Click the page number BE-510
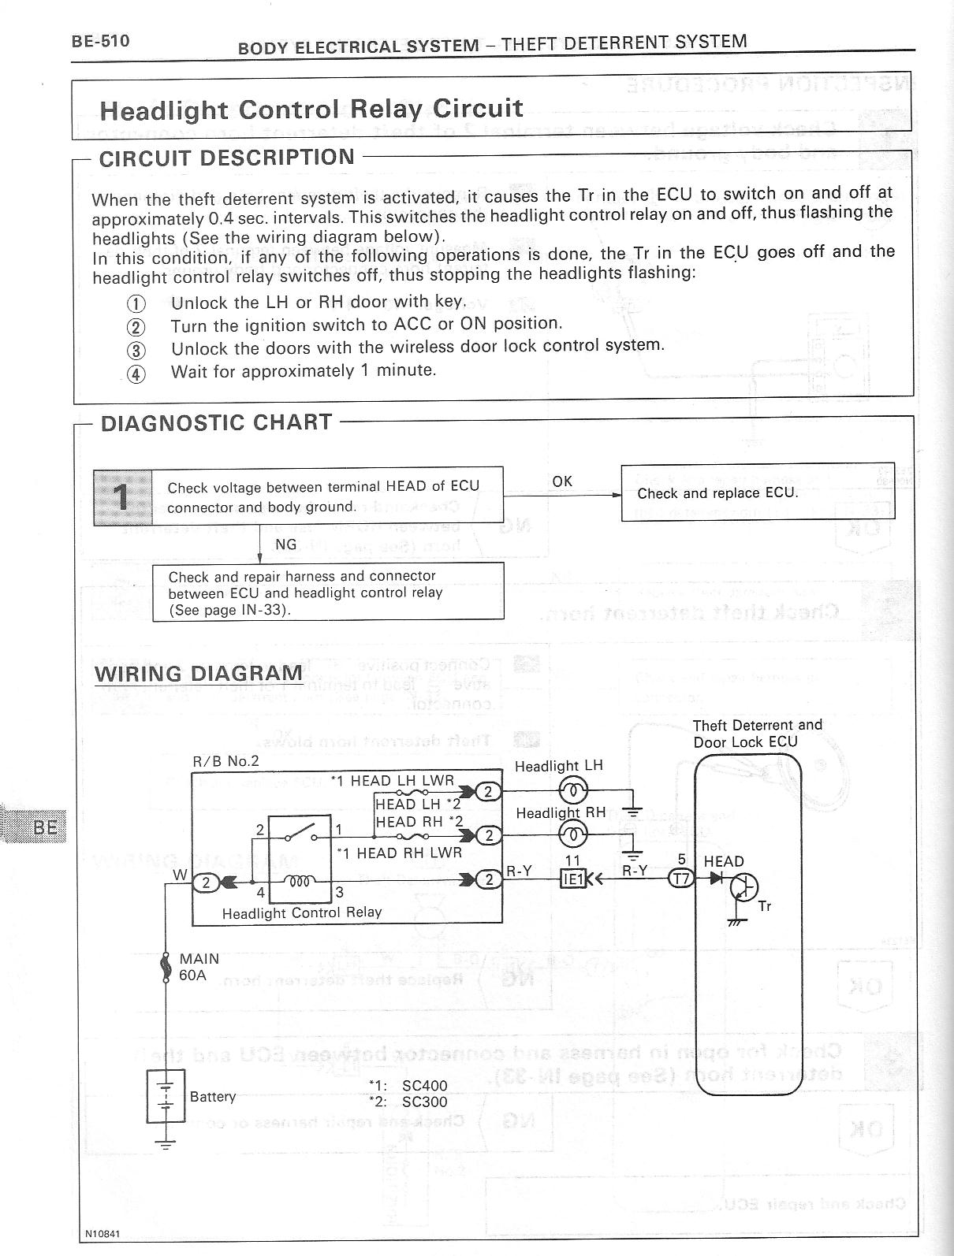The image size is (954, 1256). click(100, 40)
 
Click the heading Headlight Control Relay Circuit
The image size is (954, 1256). click(311, 109)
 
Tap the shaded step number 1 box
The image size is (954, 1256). click(122, 496)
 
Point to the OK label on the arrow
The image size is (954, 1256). click(562, 481)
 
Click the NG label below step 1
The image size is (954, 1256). click(285, 544)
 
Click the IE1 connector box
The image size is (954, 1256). click(572, 878)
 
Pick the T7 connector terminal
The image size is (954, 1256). click(680, 878)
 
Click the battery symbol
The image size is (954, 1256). click(166, 1096)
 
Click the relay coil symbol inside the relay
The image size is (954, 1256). click(300, 880)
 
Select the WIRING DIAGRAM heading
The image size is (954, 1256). click(199, 674)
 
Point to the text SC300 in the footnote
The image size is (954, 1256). click(424, 1102)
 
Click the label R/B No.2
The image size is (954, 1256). click(225, 761)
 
